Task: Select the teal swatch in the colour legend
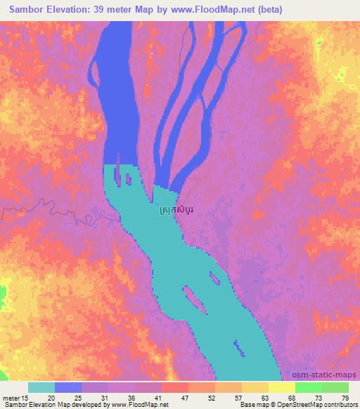(x=41, y=387)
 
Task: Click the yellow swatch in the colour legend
(x=281, y=387)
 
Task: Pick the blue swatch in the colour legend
(x=68, y=387)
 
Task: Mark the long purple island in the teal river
(x=194, y=299)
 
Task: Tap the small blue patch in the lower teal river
(x=239, y=346)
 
